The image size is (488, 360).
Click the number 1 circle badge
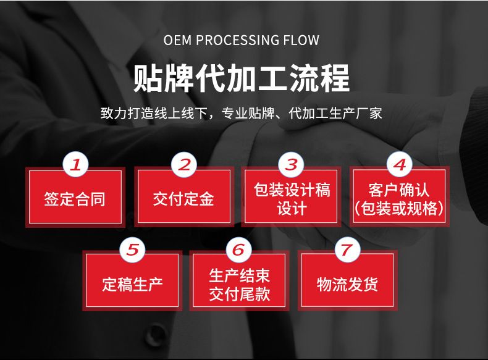(76, 165)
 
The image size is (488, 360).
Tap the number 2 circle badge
(183, 165)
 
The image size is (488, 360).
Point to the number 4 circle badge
(399, 165)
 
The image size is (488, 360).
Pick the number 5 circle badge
(132, 249)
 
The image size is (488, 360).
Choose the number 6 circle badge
(239, 249)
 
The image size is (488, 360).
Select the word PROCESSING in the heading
(237, 41)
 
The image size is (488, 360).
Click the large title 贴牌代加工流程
(242, 78)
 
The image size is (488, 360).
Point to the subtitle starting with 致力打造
(242, 114)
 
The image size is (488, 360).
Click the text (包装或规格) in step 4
(399, 208)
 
